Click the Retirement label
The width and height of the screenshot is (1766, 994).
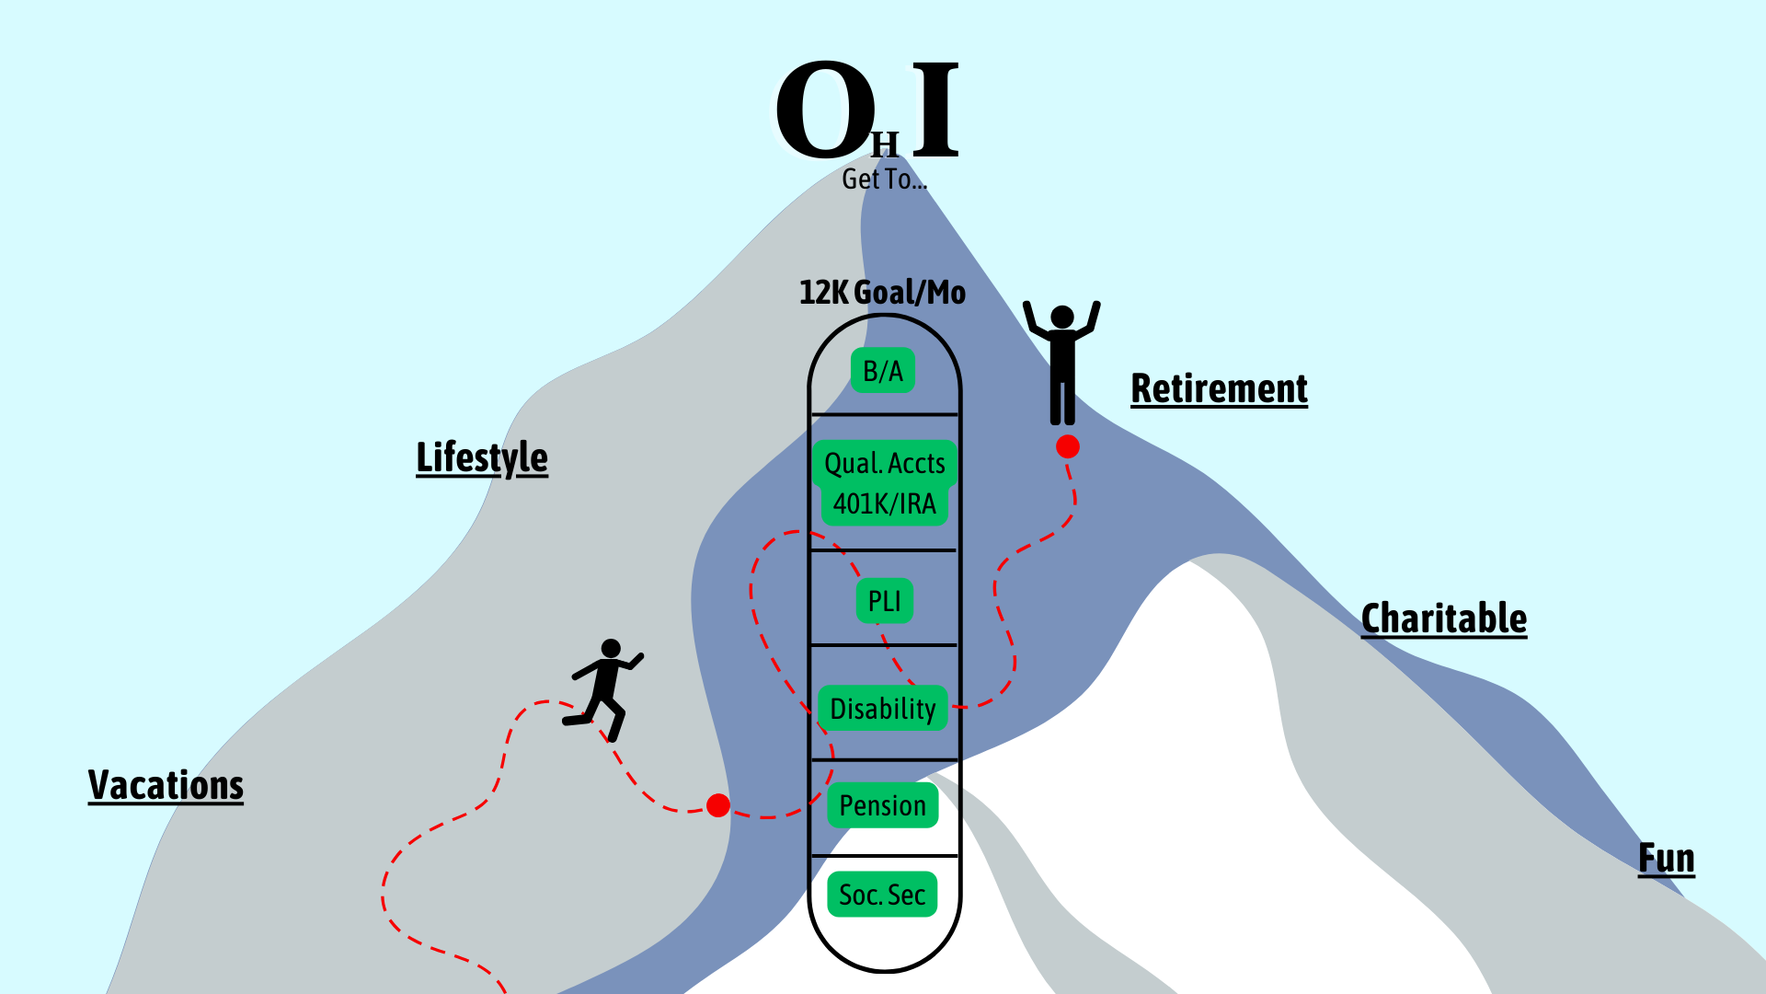(1219, 388)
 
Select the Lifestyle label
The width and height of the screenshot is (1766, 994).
(482, 457)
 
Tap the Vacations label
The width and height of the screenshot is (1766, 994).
(166, 785)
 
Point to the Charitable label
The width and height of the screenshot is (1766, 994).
(1443, 618)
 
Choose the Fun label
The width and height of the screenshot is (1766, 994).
(1666, 858)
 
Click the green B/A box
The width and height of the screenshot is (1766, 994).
(883, 371)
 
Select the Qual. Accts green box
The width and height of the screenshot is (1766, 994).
(884, 463)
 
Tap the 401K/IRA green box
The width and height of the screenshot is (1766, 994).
(884, 504)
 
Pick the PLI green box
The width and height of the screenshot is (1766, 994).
(884, 601)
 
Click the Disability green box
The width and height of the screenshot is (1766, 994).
(883, 709)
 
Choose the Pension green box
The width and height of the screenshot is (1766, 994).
(883, 805)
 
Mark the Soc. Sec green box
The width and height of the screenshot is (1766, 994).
(882, 895)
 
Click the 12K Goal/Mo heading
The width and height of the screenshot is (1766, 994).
(882, 293)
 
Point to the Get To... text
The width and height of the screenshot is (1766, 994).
(884, 179)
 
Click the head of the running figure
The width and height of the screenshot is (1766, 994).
(611, 649)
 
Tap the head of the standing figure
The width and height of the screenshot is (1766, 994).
(1062, 318)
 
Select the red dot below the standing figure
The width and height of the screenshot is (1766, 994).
(1068, 446)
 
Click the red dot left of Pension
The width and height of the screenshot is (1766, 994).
(718, 805)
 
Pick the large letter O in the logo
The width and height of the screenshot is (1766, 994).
(825, 110)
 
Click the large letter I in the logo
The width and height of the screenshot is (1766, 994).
(936, 110)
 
